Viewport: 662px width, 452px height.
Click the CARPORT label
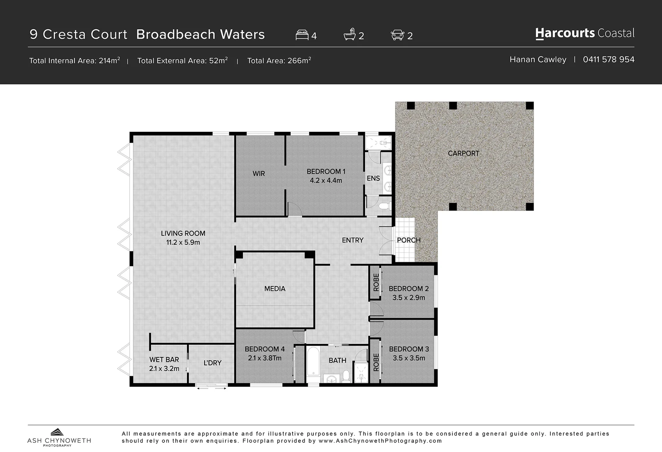pyautogui.click(x=463, y=153)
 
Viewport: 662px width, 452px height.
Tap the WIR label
pyautogui.click(x=259, y=173)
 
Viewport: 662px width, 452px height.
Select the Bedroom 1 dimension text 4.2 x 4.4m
pyautogui.click(x=326, y=180)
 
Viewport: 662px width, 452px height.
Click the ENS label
pyautogui.click(x=373, y=178)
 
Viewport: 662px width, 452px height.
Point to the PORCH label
pyautogui.click(x=408, y=240)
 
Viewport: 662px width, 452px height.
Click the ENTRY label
pyautogui.click(x=352, y=240)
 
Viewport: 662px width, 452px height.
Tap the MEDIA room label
pyautogui.click(x=275, y=289)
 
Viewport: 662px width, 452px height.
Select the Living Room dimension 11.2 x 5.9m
pyautogui.click(x=183, y=242)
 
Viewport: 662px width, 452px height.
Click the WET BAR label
pyautogui.click(x=164, y=360)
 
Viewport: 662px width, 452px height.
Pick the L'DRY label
pyautogui.click(x=213, y=363)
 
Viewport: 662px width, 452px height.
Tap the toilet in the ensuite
pyautogui.click(x=384, y=206)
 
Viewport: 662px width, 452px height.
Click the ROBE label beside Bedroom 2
pyautogui.click(x=376, y=282)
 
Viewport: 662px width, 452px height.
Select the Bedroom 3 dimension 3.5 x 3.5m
pyautogui.click(x=409, y=358)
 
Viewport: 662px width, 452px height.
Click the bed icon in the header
pyautogui.click(x=302, y=35)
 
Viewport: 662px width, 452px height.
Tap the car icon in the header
pyautogui.click(x=397, y=35)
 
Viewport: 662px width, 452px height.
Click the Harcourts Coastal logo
pyautogui.click(x=585, y=33)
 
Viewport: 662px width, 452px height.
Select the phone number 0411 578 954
pyautogui.click(x=608, y=59)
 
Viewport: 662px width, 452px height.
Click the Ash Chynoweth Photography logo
pyautogui.click(x=59, y=437)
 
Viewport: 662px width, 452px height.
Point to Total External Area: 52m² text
pyautogui.click(x=182, y=61)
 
